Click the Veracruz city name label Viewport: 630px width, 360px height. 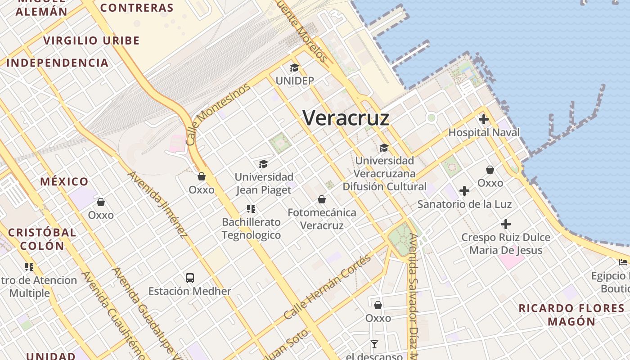[346, 118]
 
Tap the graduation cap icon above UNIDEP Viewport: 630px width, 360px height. [294, 68]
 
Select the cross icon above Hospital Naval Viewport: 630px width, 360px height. [484, 119]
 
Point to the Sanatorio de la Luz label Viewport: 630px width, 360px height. [464, 204]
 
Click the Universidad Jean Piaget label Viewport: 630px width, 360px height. [264, 183]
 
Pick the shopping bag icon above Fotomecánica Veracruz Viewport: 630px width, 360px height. [322, 199]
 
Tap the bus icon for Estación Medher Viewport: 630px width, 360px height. [190, 278]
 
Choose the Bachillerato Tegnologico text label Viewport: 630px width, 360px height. [252, 229]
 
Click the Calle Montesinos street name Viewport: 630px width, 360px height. [218, 114]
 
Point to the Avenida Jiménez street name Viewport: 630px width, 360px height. [157, 205]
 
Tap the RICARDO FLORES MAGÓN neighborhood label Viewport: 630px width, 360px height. [571, 315]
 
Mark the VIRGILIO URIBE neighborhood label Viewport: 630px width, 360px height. [91, 40]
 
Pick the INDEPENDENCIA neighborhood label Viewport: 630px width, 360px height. [58, 63]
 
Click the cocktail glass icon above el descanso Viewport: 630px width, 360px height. [374, 344]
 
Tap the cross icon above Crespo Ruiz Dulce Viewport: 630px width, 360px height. [506, 224]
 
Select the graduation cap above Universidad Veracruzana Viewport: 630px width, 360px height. [384, 148]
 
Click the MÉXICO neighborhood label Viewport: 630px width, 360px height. [64, 182]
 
